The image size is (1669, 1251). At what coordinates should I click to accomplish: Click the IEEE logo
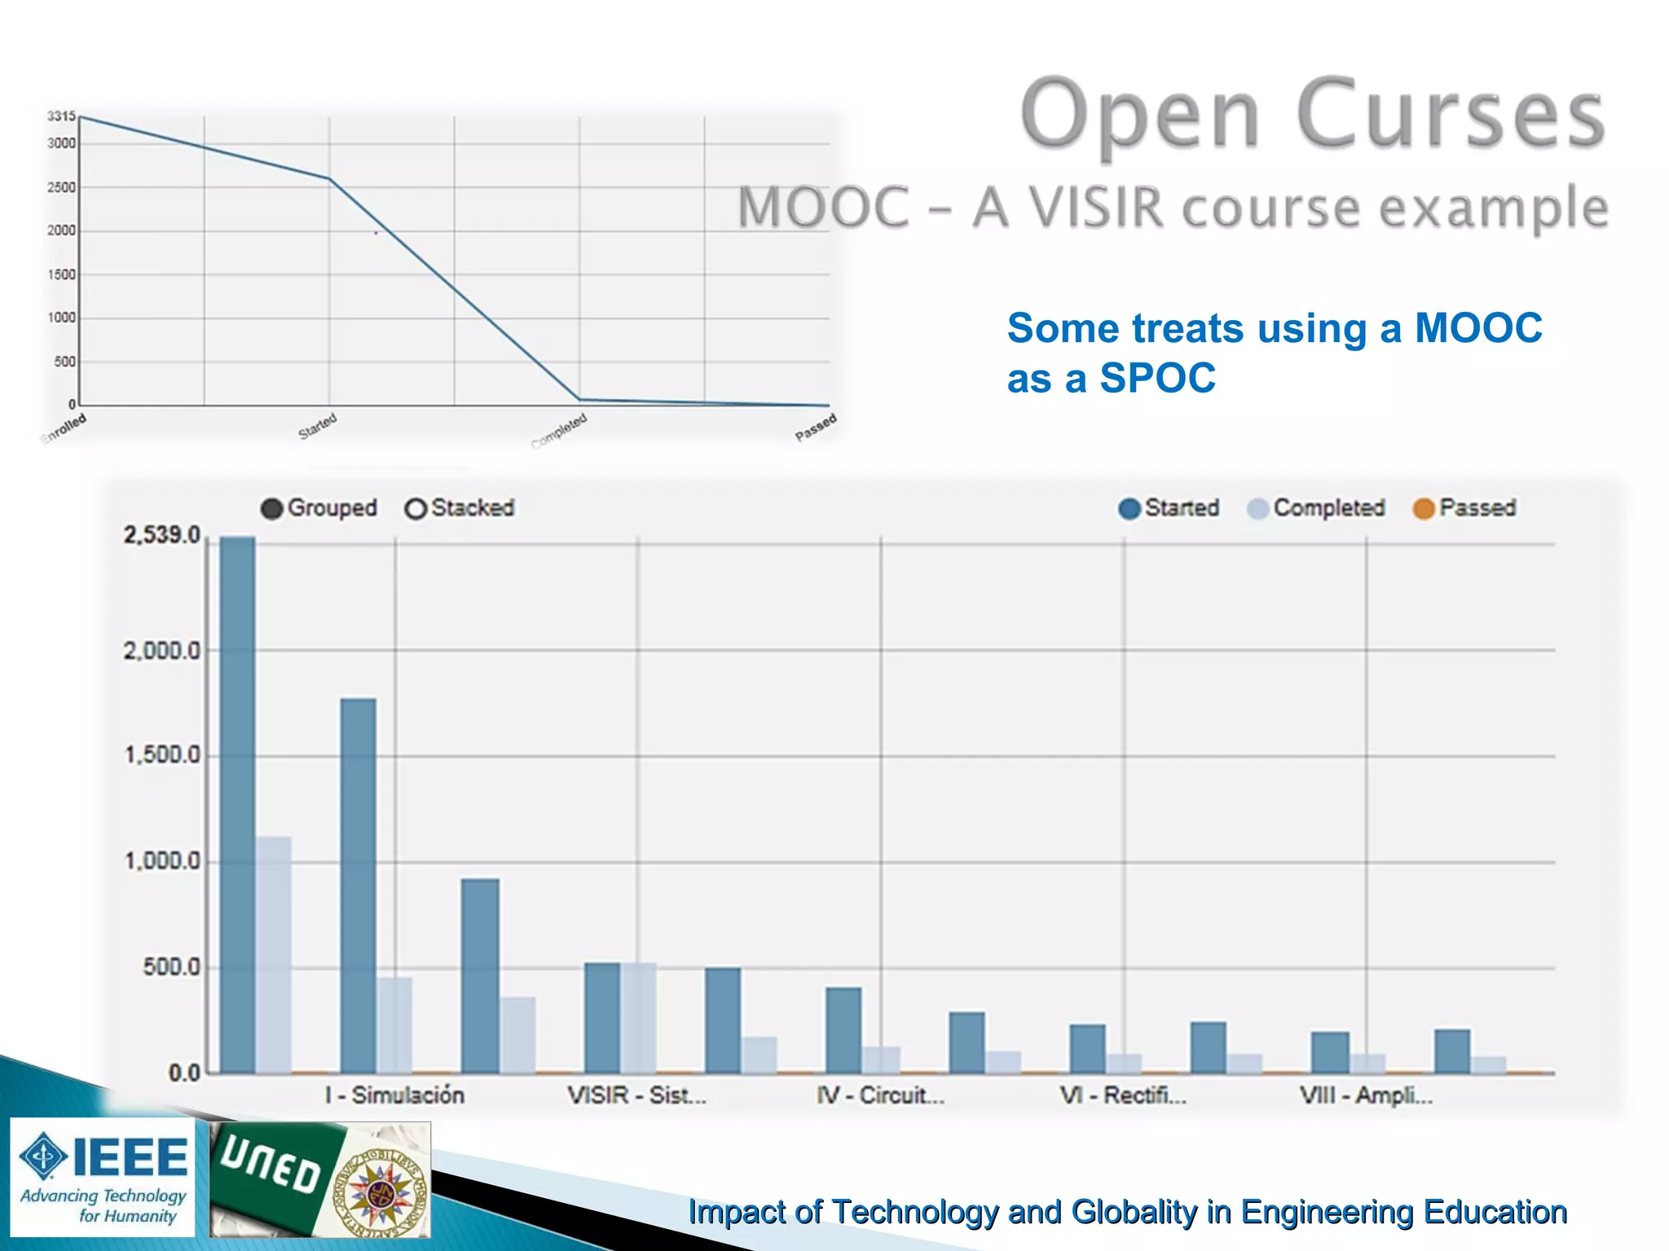[x=103, y=1176]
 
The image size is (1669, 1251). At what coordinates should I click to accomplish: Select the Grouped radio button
[x=271, y=509]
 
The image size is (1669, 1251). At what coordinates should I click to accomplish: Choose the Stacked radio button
[x=416, y=509]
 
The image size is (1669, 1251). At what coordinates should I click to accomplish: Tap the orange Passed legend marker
[x=1423, y=509]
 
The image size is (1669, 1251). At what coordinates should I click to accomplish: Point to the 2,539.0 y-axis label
[x=161, y=535]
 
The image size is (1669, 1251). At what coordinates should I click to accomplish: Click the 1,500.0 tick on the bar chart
[x=161, y=756]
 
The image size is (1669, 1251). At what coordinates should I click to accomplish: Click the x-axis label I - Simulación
[x=394, y=1095]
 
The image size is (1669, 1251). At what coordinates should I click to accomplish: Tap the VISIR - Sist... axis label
[x=636, y=1095]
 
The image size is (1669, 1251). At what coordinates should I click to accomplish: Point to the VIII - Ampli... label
[x=1366, y=1095]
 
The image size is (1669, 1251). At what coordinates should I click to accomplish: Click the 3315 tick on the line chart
[x=61, y=116]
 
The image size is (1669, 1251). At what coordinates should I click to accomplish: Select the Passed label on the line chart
[x=816, y=427]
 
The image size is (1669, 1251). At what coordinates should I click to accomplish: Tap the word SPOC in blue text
[x=1157, y=378]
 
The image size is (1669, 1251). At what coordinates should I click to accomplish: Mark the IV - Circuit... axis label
[x=880, y=1095]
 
